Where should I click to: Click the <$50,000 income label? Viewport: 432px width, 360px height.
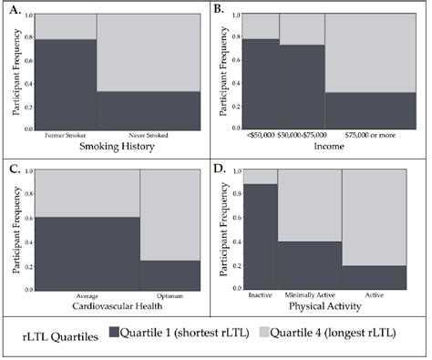click(260, 136)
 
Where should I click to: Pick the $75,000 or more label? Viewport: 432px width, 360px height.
click(365, 136)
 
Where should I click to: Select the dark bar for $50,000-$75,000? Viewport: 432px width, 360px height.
click(302, 87)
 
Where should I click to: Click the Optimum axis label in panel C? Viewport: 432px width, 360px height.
click(170, 297)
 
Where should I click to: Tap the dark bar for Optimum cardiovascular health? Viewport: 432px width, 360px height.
click(170, 274)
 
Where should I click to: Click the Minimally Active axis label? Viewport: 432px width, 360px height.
click(309, 297)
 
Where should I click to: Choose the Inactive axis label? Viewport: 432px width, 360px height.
click(261, 297)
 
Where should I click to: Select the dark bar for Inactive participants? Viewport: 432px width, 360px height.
click(261, 237)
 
